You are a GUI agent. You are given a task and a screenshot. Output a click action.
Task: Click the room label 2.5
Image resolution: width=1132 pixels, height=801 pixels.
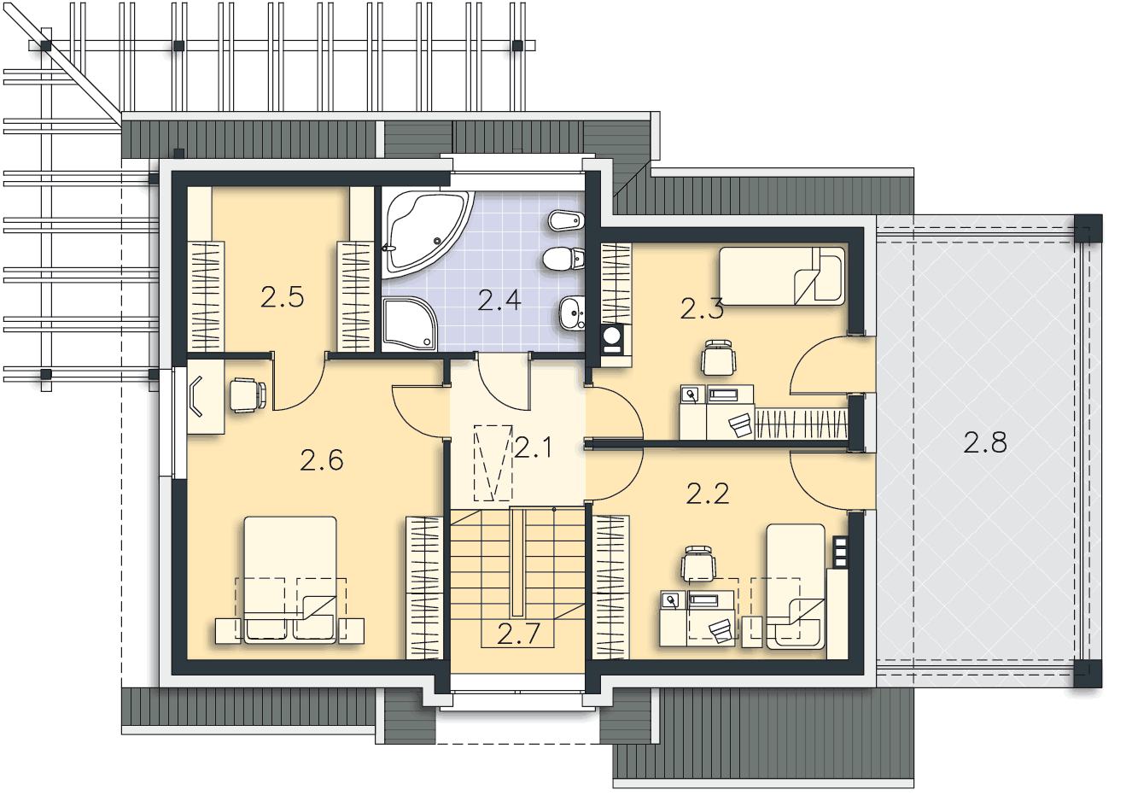pyautogui.click(x=282, y=297)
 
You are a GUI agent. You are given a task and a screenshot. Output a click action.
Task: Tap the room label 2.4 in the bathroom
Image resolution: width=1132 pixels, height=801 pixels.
pyautogui.click(x=499, y=301)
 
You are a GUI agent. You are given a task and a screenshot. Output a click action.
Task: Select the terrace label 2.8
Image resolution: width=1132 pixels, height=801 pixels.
pyautogui.click(x=985, y=442)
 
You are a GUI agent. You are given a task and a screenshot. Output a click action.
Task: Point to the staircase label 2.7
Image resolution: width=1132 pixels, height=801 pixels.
pyautogui.click(x=518, y=634)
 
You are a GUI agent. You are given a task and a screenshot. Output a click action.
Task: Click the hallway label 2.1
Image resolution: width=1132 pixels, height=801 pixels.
pyautogui.click(x=534, y=447)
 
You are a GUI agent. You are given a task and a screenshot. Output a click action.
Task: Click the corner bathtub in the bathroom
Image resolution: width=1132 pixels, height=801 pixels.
pyautogui.click(x=428, y=234)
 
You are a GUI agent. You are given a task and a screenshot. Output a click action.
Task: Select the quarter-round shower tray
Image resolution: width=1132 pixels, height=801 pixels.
pyautogui.click(x=409, y=324)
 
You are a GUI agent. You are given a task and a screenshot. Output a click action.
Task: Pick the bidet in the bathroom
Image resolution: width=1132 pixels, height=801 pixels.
pyautogui.click(x=567, y=220)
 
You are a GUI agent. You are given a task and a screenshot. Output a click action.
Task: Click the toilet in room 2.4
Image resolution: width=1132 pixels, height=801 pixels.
pyautogui.click(x=564, y=259)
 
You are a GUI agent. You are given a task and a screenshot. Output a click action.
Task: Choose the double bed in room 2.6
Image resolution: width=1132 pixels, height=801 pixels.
pyautogui.click(x=290, y=580)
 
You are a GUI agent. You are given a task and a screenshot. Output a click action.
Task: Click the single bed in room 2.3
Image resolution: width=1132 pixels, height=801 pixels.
pyautogui.click(x=782, y=276)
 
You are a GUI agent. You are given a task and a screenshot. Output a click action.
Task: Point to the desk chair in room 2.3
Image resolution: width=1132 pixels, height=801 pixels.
pyautogui.click(x=718, y=358)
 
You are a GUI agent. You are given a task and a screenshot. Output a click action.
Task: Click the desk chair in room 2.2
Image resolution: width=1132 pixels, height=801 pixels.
pyautogui.click(x=698, y=563)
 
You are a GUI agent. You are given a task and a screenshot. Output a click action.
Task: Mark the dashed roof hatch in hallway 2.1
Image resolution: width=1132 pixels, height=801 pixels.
pyautogui.click(x=493, y=463)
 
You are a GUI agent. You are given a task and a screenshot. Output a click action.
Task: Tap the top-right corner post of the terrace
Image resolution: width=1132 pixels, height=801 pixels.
pyautogui.click(x=1088, y=229)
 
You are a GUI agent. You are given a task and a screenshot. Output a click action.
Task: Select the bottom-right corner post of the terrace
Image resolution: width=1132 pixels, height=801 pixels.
pyautogui.click(x=1088, y=673)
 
